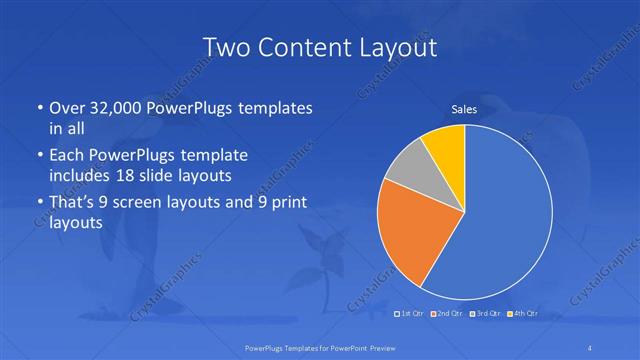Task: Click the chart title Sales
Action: [465, 109]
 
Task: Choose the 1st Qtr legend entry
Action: [413, 314]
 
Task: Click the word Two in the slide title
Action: [228, 47]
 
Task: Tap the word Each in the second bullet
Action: [68, 156]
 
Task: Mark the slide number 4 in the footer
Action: [590, 347]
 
